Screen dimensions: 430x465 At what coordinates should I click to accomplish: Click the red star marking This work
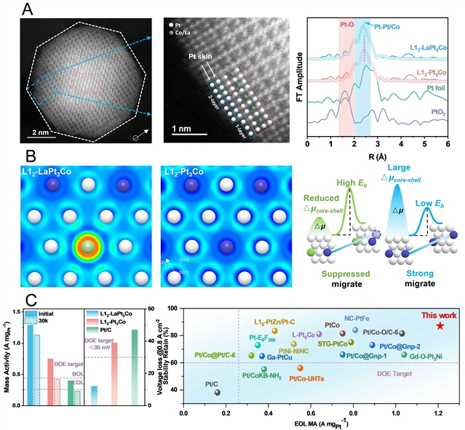[x=440, y=325]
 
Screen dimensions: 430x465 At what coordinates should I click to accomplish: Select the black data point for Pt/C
[x=218, y=392]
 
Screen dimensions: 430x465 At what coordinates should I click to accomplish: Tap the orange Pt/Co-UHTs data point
[x=299, y=368]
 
